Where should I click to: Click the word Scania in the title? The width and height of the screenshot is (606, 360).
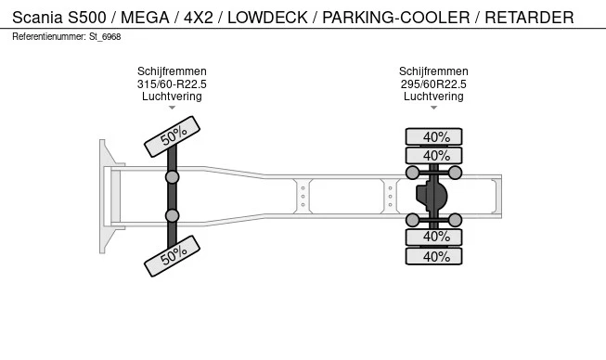[x=37, y=18]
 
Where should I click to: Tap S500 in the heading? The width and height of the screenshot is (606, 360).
[x=87, y=18]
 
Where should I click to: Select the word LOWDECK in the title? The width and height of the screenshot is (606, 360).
[x=267, y=18]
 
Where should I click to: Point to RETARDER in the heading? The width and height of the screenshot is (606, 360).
[x=529, y=18]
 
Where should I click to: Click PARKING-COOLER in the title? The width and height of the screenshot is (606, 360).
[x=396, y=18]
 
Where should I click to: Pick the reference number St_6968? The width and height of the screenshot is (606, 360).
[x=105, y=37]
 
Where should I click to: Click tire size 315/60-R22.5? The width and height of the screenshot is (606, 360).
[x=172, y=84]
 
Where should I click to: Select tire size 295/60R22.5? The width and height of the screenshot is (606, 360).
[x=433, y=84]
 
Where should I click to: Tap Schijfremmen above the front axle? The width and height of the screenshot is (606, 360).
[x=172, y=71]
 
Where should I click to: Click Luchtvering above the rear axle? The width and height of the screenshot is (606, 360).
[x=433, y=96]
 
